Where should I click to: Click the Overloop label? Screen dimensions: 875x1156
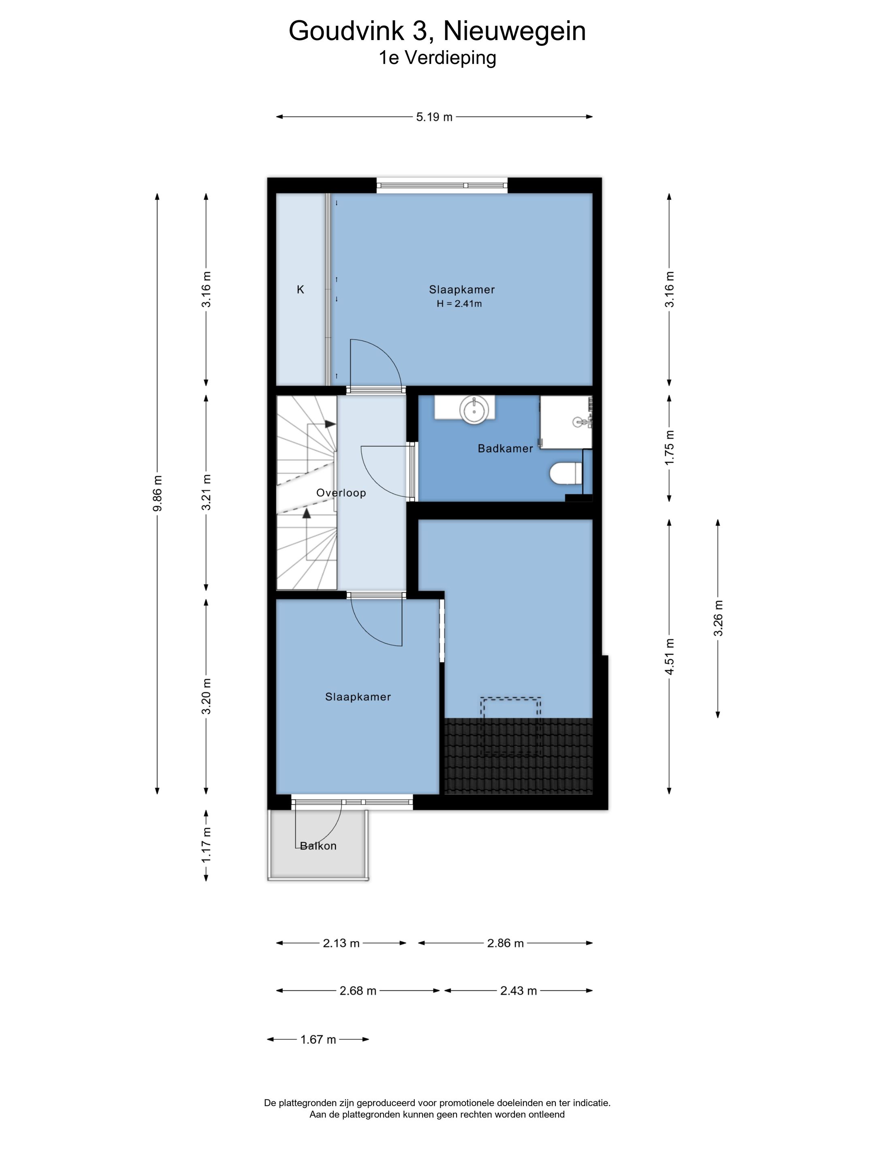[341, 493]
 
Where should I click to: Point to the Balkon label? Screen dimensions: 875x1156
[318, 846]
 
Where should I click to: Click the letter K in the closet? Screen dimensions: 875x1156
[301, 290]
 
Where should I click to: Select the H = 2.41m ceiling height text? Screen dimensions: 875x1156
[459, 304]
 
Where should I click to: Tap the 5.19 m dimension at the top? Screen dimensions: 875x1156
[434, 117]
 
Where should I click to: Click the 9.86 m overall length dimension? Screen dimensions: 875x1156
[157, 494]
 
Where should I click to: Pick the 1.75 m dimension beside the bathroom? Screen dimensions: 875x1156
[669, 448]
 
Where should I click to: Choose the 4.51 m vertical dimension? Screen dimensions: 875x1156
[669, 657]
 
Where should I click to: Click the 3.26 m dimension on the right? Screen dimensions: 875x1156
[718, 618]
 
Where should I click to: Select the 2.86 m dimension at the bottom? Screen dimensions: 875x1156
[506, 943]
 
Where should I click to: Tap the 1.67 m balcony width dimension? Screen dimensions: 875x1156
[318, 1039]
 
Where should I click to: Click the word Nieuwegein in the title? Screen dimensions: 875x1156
[515, 31]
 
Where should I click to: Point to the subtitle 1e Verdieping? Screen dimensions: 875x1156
[437, 57]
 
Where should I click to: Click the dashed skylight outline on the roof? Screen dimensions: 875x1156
[511, 726]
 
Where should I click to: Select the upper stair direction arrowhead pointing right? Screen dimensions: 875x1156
[330, 424]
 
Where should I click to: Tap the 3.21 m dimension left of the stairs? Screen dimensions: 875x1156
[207, 492]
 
